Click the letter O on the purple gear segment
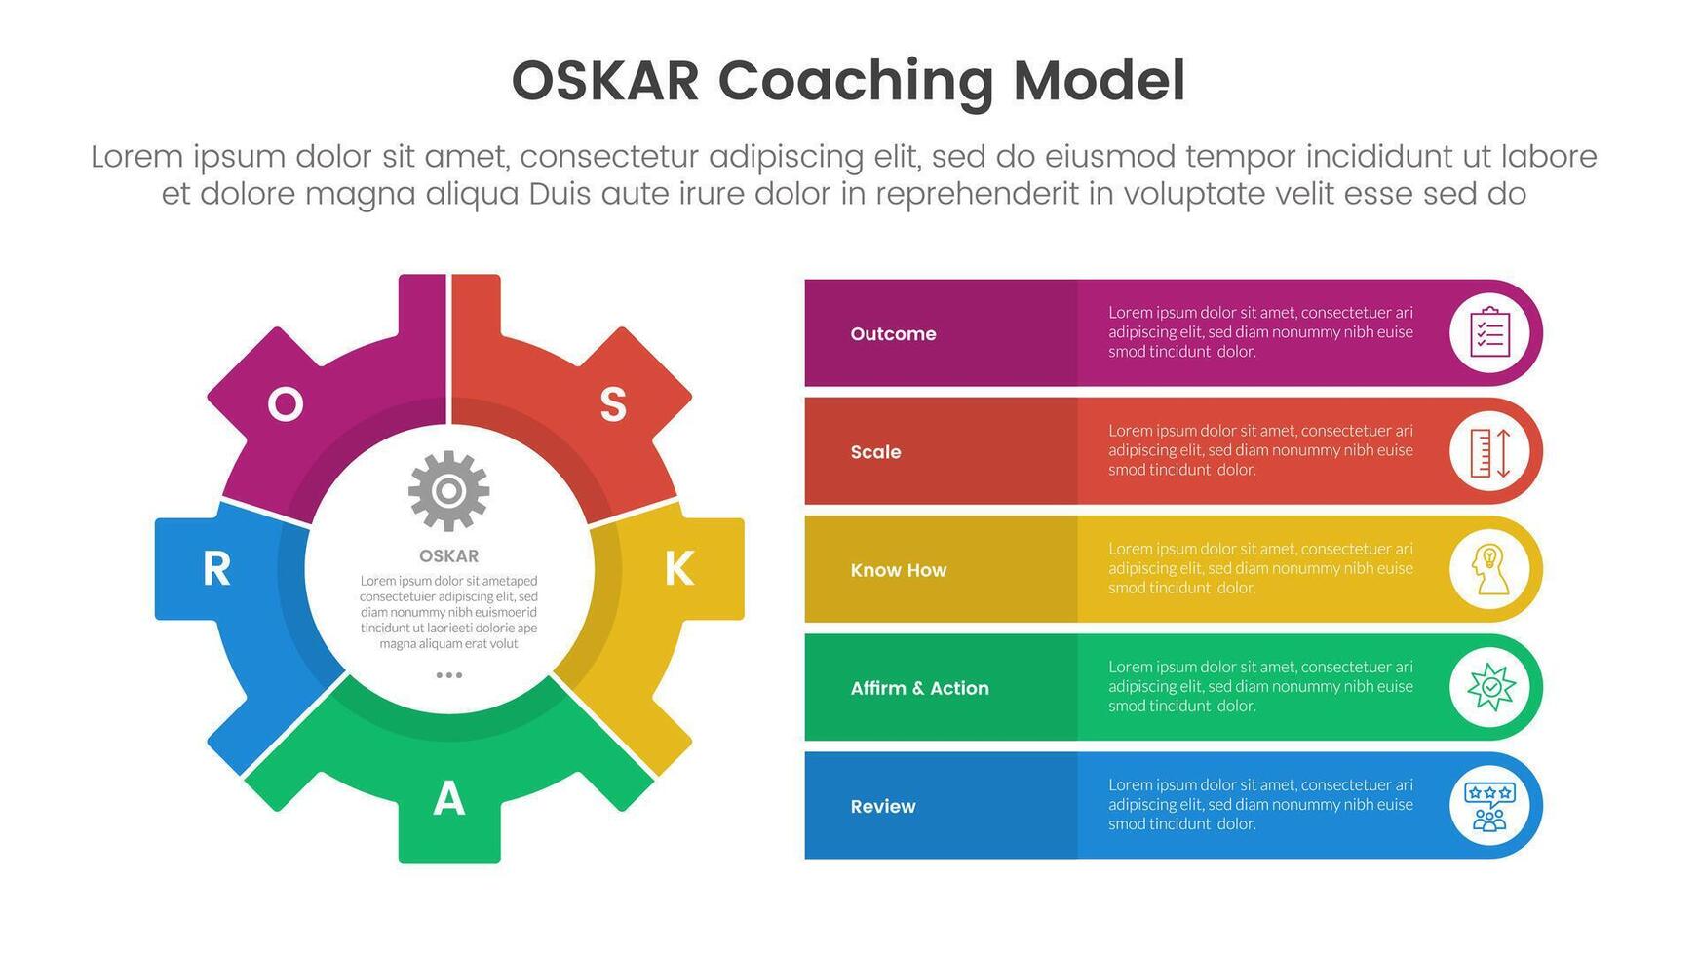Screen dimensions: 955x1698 coord(285,403)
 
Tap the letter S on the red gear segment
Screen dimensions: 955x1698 coord(612,403)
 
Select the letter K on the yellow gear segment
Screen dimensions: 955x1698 coord(678,568)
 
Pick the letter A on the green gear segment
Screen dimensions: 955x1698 coord(448,799)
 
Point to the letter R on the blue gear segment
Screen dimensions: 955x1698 coord(216,568)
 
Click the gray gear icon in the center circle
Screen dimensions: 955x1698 coord(448,490)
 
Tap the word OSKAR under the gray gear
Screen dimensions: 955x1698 coord(448,555)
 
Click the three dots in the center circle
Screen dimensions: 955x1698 coord(448,675)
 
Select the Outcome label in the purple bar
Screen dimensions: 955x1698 coord(893,333)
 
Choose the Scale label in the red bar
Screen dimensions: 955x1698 coord(875,451)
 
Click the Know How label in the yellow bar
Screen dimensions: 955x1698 coord(898,570)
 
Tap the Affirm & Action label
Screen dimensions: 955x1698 coord(919,688)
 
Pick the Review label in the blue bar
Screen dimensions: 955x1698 coord(882,806)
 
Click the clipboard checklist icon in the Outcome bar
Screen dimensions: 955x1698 coord(1489,333)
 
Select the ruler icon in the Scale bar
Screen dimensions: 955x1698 coord(1489,452)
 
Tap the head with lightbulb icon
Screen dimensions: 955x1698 coord(1489,570)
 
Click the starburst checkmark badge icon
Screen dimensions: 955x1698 coord(1489,688)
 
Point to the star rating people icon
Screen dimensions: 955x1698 coord(1489,806)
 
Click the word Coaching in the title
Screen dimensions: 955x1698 coord(855,82)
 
